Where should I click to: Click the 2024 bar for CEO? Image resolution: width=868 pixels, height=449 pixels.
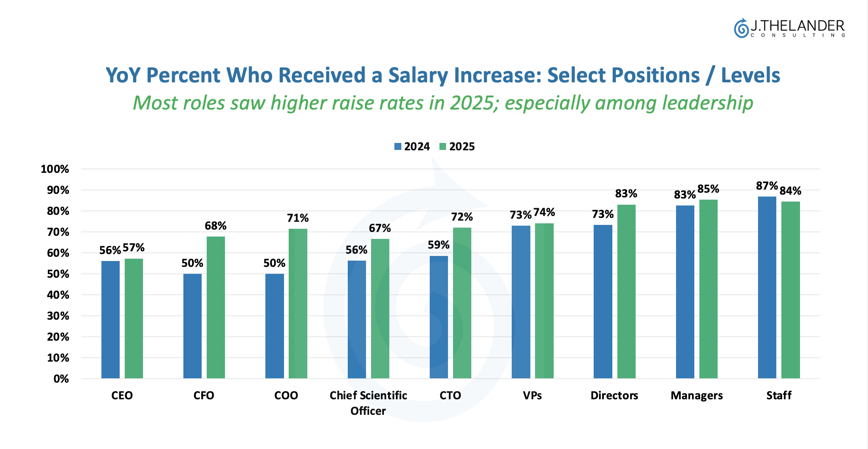point(110,319)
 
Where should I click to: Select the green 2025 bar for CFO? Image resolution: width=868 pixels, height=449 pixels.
point(216,307)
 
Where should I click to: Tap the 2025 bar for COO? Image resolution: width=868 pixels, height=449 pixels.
point(298,303)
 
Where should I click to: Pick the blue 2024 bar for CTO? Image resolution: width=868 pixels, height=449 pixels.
point(439,317)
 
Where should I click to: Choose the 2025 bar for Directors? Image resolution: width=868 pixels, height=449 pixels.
point(626,291)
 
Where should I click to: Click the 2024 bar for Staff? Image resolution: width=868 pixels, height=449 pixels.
point(767,287)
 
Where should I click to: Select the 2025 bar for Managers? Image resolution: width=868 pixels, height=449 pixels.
point(708,289)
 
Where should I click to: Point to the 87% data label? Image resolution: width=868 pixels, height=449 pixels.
point(767,186)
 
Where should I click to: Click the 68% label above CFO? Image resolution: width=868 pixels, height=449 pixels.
point(216,226)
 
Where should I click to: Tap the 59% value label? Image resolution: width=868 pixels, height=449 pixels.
point(439,245)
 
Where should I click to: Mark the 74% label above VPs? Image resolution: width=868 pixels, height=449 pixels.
point(544,212)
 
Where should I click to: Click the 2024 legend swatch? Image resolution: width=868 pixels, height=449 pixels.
point(398,146)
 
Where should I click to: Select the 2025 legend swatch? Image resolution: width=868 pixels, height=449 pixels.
point(443,146)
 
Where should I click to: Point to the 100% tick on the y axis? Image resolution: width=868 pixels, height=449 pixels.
point(55,169)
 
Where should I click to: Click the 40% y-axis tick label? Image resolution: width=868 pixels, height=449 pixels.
point(58,295)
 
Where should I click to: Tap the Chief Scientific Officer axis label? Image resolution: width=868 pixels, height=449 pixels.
point(368,403)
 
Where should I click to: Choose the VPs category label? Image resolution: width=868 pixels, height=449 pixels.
point(532,395)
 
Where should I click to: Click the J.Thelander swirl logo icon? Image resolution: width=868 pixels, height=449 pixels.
point(741,28)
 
